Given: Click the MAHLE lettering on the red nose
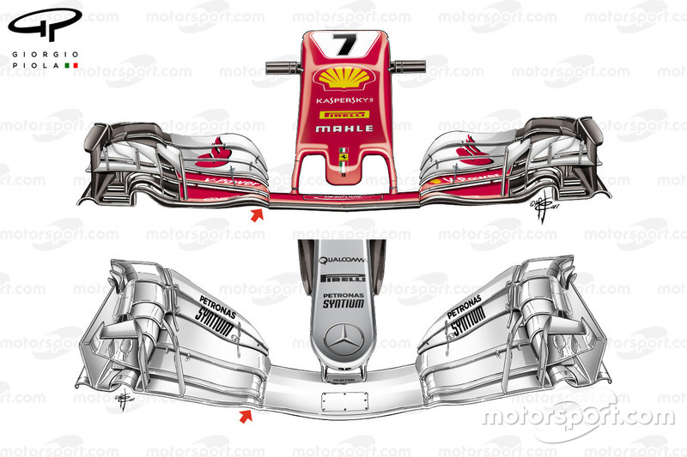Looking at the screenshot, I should click(344, 129).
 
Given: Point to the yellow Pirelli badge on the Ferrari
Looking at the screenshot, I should click(343, 114).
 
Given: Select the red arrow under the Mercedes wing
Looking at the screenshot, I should click(246, 417).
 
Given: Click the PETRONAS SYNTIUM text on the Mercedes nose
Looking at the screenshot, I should click(343, 298).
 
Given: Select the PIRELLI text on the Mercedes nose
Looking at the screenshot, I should click(343, 279).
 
